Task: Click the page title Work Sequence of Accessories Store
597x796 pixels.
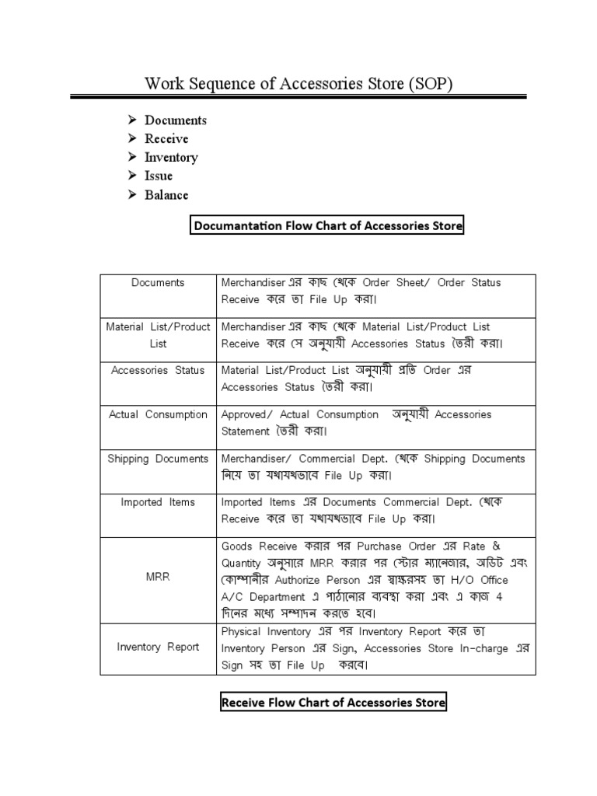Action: point(298,83)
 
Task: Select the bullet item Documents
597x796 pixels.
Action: point(176,120)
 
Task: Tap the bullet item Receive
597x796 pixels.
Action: point(166,139)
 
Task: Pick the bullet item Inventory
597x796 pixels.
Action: point(171,158)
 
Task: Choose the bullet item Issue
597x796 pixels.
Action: point(159,176)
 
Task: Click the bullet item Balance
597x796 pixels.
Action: point(166,195)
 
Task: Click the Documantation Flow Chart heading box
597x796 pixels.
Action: point(327,226)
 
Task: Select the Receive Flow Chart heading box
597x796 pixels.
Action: point(333,703)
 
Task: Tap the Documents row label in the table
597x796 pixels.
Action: point(158,283)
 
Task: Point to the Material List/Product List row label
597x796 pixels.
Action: point(158,335)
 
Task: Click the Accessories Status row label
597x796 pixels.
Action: point(158,371)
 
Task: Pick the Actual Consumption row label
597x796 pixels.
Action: point(158,415)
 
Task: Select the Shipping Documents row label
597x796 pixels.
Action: point(158,459)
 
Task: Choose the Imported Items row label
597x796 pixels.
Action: point(158,503)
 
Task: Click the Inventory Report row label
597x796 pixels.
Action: point(158,648)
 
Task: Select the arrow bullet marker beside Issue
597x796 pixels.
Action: point(132,176)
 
